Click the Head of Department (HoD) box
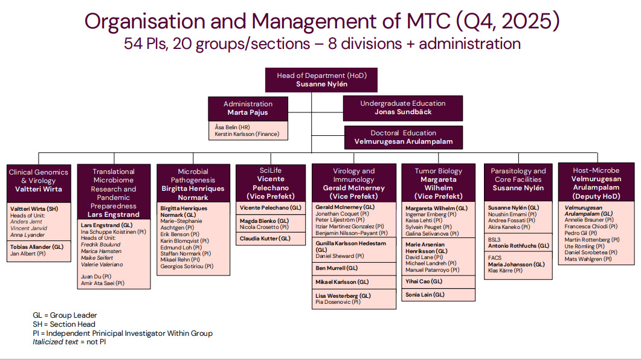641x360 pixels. (321, 80)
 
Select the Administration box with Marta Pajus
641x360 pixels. (248, 108)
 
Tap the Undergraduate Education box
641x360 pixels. (402, 108)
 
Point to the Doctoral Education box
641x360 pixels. (403, 137)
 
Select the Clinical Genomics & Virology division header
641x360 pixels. (38, 181)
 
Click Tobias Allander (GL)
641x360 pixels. (37, 246)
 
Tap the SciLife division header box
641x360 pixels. (270, 183)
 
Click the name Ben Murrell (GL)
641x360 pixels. (337, 268)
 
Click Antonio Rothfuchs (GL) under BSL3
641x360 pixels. (518, 246)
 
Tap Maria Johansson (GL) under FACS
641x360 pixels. (516, 264)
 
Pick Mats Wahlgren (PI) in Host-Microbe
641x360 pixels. (588, 259)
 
